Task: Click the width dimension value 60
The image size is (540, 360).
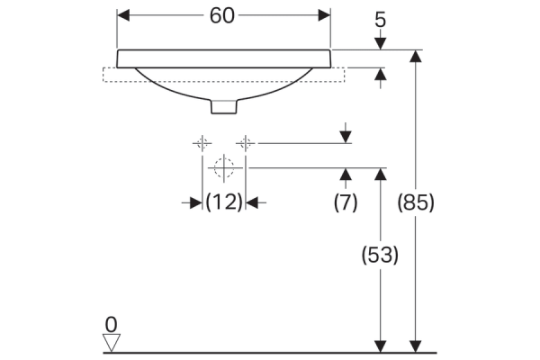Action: [222, 16]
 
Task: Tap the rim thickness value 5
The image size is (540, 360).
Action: [380, 20]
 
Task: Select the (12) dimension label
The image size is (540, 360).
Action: [224, 202]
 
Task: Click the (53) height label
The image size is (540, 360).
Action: [380, 256]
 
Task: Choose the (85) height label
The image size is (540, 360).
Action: [416, 202]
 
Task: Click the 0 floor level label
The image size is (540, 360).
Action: [112, 325]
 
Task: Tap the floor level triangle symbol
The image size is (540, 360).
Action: [112, 343]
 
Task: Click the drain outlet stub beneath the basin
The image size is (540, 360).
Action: [224, 106]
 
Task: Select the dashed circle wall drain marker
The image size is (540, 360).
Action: [224, 167]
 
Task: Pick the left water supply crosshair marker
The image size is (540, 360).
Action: [202, 143]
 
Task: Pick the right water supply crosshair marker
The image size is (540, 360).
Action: [245, 143]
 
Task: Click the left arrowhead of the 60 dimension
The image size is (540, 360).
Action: [123, 15]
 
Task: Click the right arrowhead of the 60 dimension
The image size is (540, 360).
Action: [324, 15]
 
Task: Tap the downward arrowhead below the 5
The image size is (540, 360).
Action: [380, 44]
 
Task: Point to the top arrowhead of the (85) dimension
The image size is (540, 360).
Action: [416, 56]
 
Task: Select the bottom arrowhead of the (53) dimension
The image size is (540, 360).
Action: [380, 346]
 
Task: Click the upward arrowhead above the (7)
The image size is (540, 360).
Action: [346, 175]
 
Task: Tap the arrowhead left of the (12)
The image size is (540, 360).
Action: [196, 202]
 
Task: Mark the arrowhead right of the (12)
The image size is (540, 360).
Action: [252, 202]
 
